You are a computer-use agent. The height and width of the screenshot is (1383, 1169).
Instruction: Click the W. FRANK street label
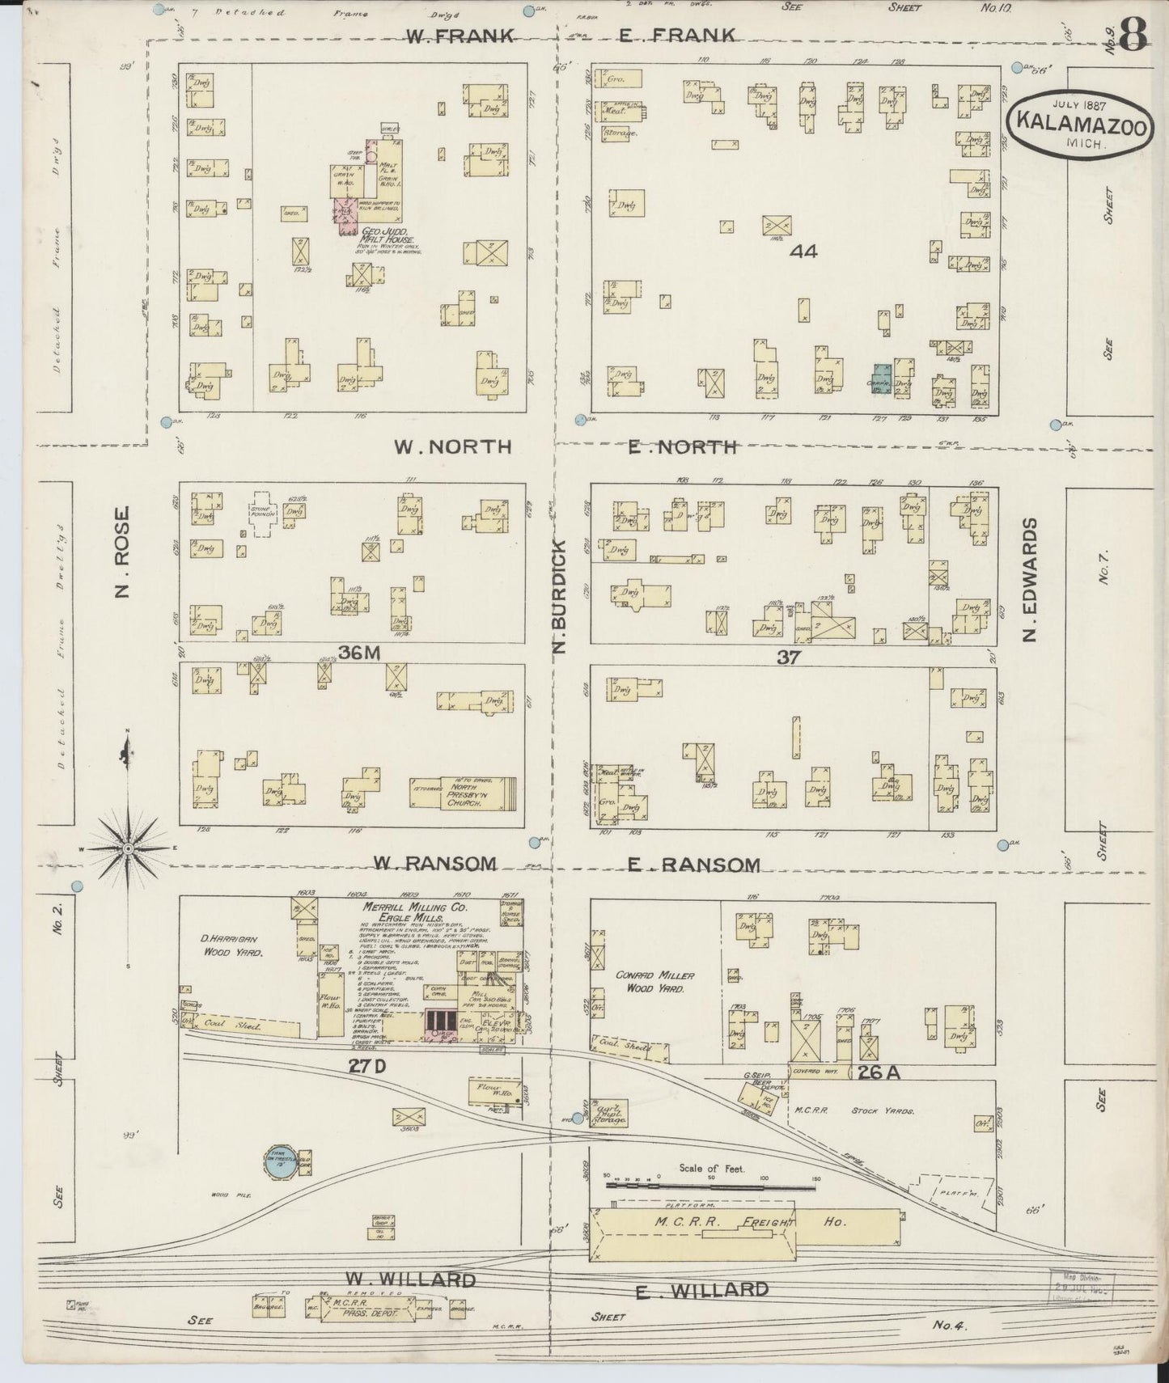(448, 35)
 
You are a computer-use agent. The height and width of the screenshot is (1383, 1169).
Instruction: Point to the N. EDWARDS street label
(1029, 579)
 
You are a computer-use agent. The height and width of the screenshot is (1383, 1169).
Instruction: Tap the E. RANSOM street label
(694, 865)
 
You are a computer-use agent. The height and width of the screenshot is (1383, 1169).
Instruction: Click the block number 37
(788, 658)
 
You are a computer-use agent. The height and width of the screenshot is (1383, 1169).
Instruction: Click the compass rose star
(128, 848)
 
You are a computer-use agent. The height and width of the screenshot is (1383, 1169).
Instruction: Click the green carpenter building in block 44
(882, 379)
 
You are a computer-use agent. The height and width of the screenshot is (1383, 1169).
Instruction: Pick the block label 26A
(878, 1073)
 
